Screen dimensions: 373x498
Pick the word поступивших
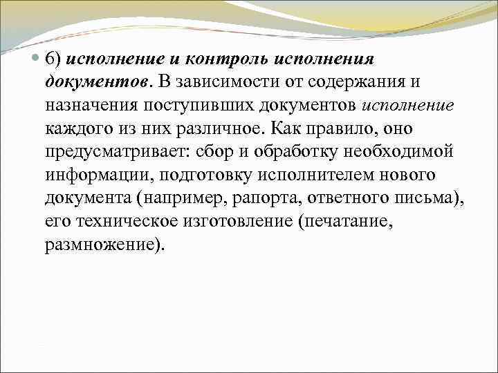tap(199, 106)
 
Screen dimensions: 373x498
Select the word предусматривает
tap(111, 153)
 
